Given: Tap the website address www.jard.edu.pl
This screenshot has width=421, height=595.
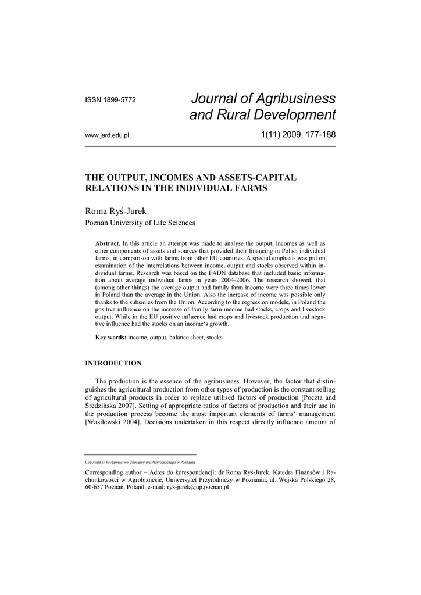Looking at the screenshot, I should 107,135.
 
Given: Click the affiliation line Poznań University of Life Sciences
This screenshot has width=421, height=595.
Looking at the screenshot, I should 140,223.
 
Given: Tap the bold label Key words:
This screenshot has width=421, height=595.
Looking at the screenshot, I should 110,337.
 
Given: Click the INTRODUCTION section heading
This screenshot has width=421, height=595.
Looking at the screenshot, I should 113,363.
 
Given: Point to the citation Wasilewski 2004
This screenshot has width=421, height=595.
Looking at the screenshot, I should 113,422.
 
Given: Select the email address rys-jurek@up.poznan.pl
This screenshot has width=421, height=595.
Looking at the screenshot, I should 198,488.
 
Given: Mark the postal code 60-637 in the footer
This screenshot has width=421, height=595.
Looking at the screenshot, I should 97,488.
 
